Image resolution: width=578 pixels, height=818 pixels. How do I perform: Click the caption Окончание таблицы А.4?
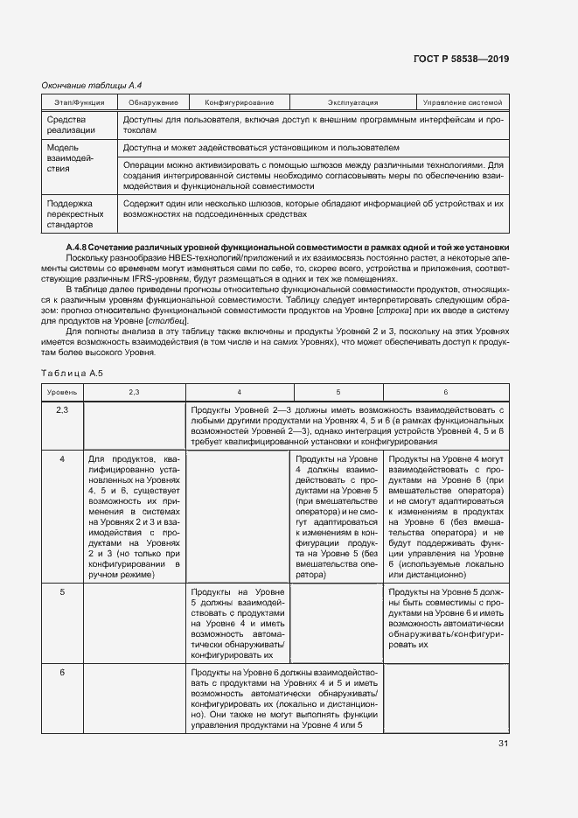tap(92, 86)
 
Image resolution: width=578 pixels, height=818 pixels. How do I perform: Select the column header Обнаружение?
tap(153, 102)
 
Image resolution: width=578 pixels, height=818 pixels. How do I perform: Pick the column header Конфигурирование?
tap(233, 102)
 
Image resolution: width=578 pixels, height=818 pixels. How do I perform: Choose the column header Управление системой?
tap(463, 102)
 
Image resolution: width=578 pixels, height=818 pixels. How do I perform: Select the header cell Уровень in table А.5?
tap(62, 392)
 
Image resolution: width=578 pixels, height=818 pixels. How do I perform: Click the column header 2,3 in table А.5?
tap(134, 392)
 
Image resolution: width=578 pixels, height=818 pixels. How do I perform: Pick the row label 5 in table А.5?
tap(62, 592)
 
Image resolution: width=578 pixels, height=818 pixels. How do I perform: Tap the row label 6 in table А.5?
tap(62, 672)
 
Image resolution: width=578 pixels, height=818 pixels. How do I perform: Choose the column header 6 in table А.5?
tap(445, 392)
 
